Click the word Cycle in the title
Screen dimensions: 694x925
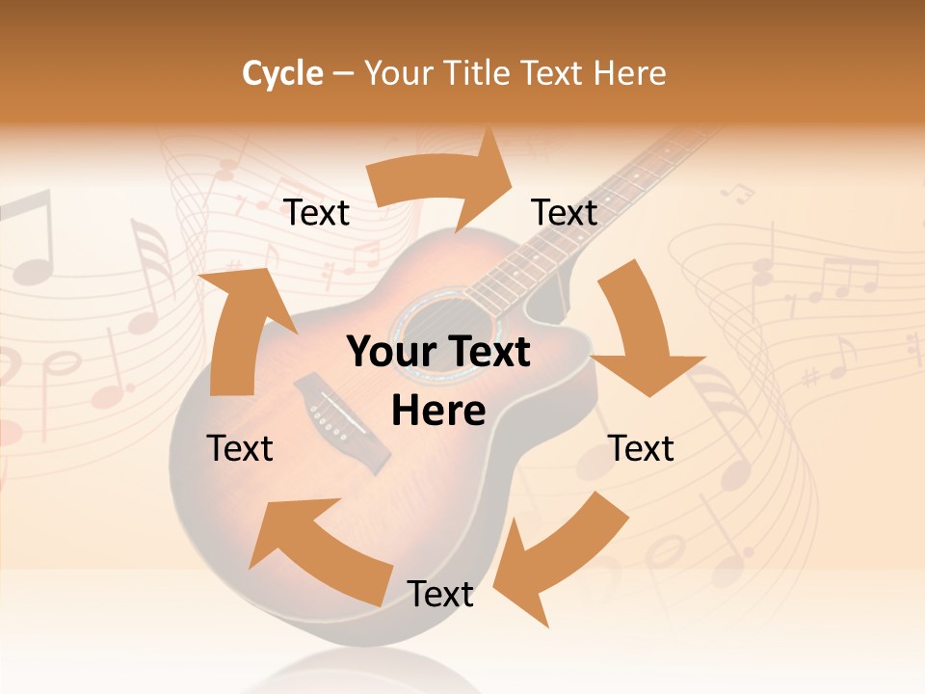pos(282,73)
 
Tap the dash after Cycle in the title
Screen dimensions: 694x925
pos(343,74)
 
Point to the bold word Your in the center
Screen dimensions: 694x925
pos(389,353)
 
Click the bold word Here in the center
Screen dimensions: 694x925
pos(438,412)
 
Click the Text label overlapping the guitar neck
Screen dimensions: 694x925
pos(565,212)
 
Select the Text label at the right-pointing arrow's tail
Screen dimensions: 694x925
pos(317,212)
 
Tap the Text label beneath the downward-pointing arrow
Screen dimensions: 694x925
pos(642,448)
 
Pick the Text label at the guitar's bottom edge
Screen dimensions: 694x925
pos(440,594)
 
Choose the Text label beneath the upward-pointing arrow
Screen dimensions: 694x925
pos(240,448)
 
